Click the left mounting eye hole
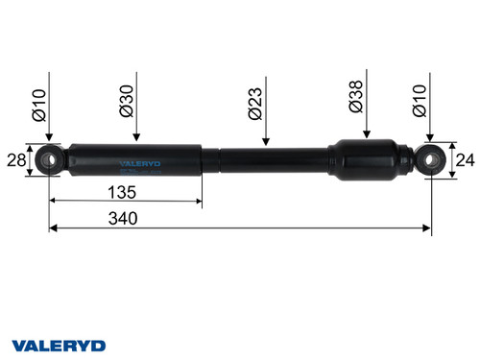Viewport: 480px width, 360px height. [51, 158]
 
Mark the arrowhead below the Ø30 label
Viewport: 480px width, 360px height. [136, 139]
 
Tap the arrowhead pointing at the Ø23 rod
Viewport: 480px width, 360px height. [264, 143]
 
